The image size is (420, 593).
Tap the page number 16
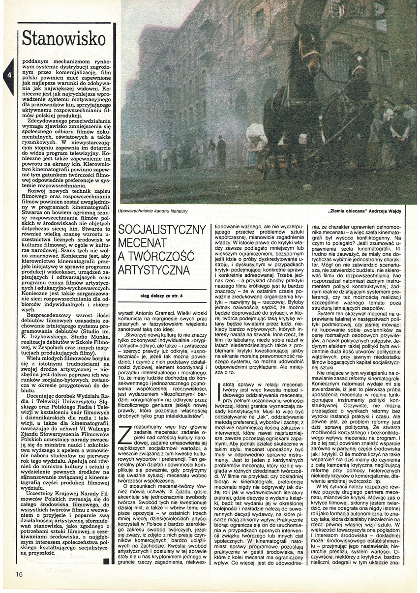pyautogui.click(x=19, y=574)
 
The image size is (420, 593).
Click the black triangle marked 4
pyautogui.click(x=9, y=76)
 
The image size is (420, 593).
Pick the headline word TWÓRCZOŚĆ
pyautogui.click(x=156, y=257)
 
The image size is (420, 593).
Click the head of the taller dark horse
pyautogui.click(x=307, y=49)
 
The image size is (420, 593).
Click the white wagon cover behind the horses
pyautogui.click(x=256, y=135)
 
